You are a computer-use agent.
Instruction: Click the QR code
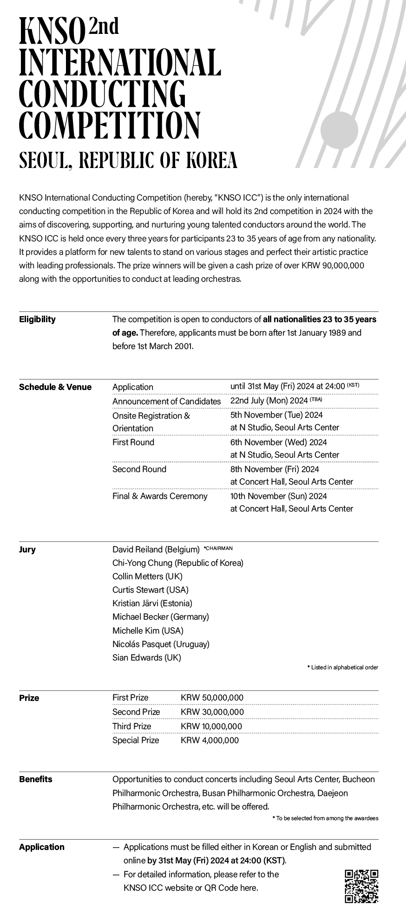(361, 887)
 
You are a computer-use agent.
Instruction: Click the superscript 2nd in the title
(104, 27)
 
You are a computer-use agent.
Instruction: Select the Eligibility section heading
(37, 319)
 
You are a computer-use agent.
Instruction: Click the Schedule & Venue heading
(55, 387)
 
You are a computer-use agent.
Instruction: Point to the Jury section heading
(27, 550)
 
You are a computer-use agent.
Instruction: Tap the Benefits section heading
(36, 779)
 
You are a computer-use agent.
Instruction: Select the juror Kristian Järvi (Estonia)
(152, 603)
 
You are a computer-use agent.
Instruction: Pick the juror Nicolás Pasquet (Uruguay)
(161, 644)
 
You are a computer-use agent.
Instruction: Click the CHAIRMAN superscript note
(218, 548)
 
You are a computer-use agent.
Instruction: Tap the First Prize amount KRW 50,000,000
(212, 698)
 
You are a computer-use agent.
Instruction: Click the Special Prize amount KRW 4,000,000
(210, 740)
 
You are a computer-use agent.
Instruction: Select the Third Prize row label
(131, 726)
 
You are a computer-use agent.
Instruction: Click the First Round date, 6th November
(278, 442)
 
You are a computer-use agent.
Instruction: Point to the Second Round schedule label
(139, 469)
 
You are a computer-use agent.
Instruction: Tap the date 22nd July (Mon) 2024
(269, 401)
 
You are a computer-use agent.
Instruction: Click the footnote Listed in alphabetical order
(343, 667)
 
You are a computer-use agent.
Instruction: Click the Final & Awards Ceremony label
(160, 496)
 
